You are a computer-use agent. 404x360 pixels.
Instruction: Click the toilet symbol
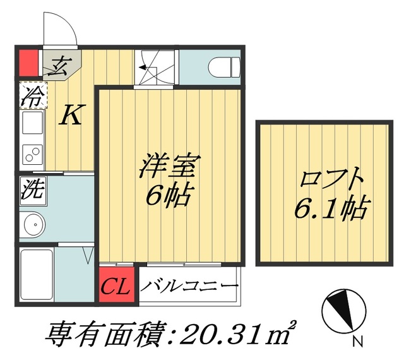pos(225,68)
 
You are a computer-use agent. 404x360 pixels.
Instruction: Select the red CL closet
pos(117,284)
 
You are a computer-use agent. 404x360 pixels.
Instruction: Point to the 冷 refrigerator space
pos(33,95)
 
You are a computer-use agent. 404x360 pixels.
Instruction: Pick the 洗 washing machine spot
pos(33,191)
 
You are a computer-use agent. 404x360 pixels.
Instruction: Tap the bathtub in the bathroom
pos(37,275)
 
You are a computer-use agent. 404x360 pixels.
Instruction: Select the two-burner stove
pos(32,154)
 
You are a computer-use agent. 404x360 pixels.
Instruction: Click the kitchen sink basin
pos(32,123)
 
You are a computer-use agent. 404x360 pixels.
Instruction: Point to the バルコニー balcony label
pos(189,285)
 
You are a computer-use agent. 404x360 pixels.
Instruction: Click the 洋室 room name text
pos(170,165)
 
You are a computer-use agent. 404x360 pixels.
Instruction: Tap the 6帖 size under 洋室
pos(169,195)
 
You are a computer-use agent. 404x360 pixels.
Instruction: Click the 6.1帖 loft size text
pos(333,209)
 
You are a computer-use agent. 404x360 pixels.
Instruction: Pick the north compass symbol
pos(344,311)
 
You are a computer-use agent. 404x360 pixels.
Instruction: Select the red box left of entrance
pos(29,63)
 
